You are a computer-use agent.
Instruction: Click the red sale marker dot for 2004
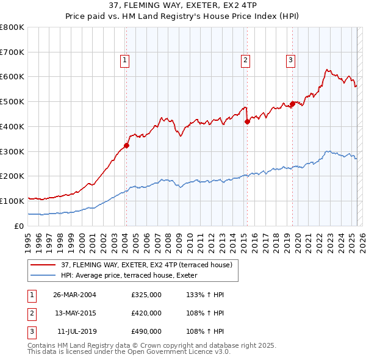tap(126, 145)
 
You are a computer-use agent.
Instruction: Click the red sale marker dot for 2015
tap(247, 121)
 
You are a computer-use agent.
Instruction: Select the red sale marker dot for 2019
tap(292, 104)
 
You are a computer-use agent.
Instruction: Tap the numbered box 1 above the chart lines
tap(124, 60)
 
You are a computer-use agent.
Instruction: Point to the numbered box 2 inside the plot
tap(245, 60)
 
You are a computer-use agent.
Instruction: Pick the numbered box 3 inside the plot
tap(290, 60)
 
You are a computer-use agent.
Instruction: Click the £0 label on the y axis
tap(18, 226)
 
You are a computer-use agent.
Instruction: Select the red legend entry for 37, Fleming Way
tap(146, 265)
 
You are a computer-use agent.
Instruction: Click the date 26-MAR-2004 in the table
tap(74, 295)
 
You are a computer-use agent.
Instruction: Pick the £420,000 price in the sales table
tap(146, 313)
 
